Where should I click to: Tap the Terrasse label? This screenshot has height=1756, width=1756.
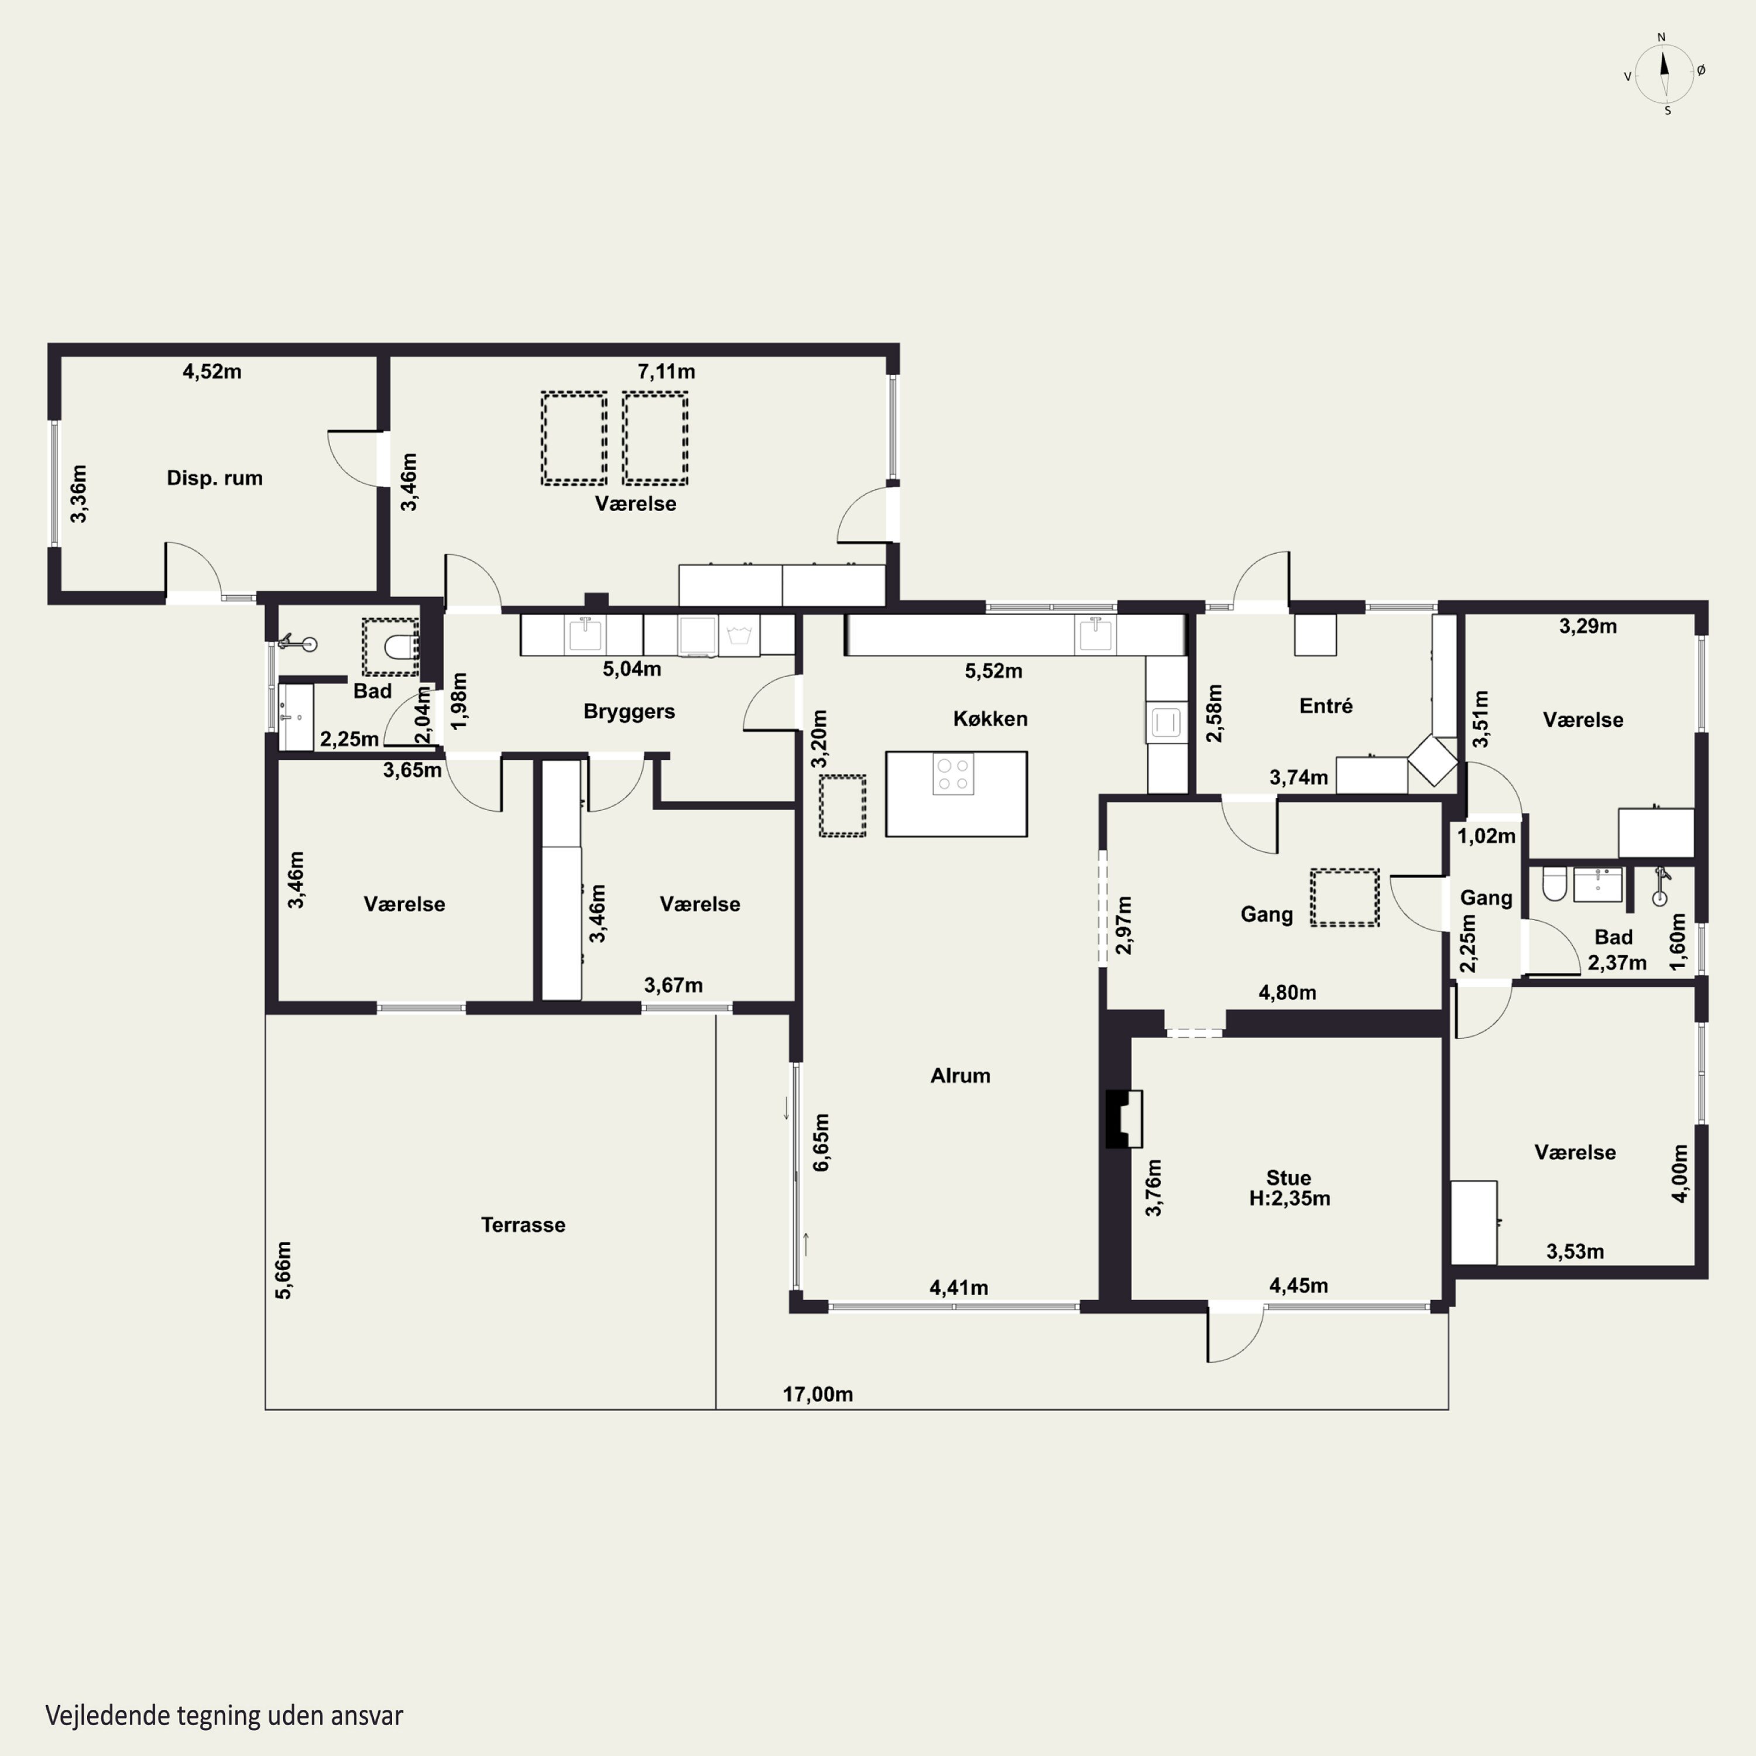(523, 1225)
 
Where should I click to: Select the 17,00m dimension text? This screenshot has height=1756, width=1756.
(818, 1394)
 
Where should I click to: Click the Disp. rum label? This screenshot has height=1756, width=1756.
(214, 478)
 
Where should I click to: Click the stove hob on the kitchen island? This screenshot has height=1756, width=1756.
(954, 773)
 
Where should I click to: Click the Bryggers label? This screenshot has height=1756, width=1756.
(629, 712)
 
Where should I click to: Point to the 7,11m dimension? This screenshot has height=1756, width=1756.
(666, 371)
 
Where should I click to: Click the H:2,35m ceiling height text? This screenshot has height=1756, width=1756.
(1289, 1198)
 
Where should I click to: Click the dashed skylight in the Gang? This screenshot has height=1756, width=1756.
(1345, 897)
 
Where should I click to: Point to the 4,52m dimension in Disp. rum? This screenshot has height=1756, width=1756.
(212, 371)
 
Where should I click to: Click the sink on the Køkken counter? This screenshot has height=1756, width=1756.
(1095, 635)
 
